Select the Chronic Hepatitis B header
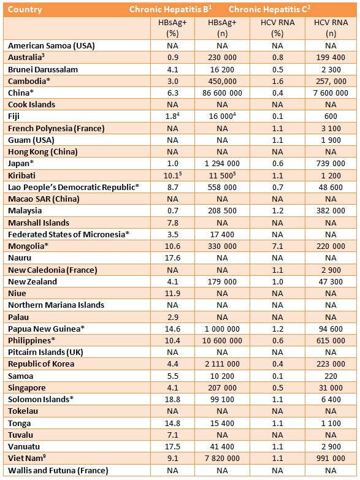click(x=161, y=10)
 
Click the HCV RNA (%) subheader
click(x=277, y=28)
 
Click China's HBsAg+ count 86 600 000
click(x=222, y=93)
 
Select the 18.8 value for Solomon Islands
click(x=167, y=399)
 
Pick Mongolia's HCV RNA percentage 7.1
click(x=277, y=246)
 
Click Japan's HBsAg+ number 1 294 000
click(x=222, y=164)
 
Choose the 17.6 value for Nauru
click(x=167, y=258)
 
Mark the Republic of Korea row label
click(x=41, y=364)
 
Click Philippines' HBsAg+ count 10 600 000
click(x=222, y=340)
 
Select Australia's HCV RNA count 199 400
click(x=332, y=57)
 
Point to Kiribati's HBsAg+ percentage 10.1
click(x=167, y=175)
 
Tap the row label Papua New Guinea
click(x=46, y=329)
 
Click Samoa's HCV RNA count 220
click(x=332, y=376)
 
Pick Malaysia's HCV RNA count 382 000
click(x=332, y=211)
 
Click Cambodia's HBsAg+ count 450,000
click(x=222, y=81)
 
